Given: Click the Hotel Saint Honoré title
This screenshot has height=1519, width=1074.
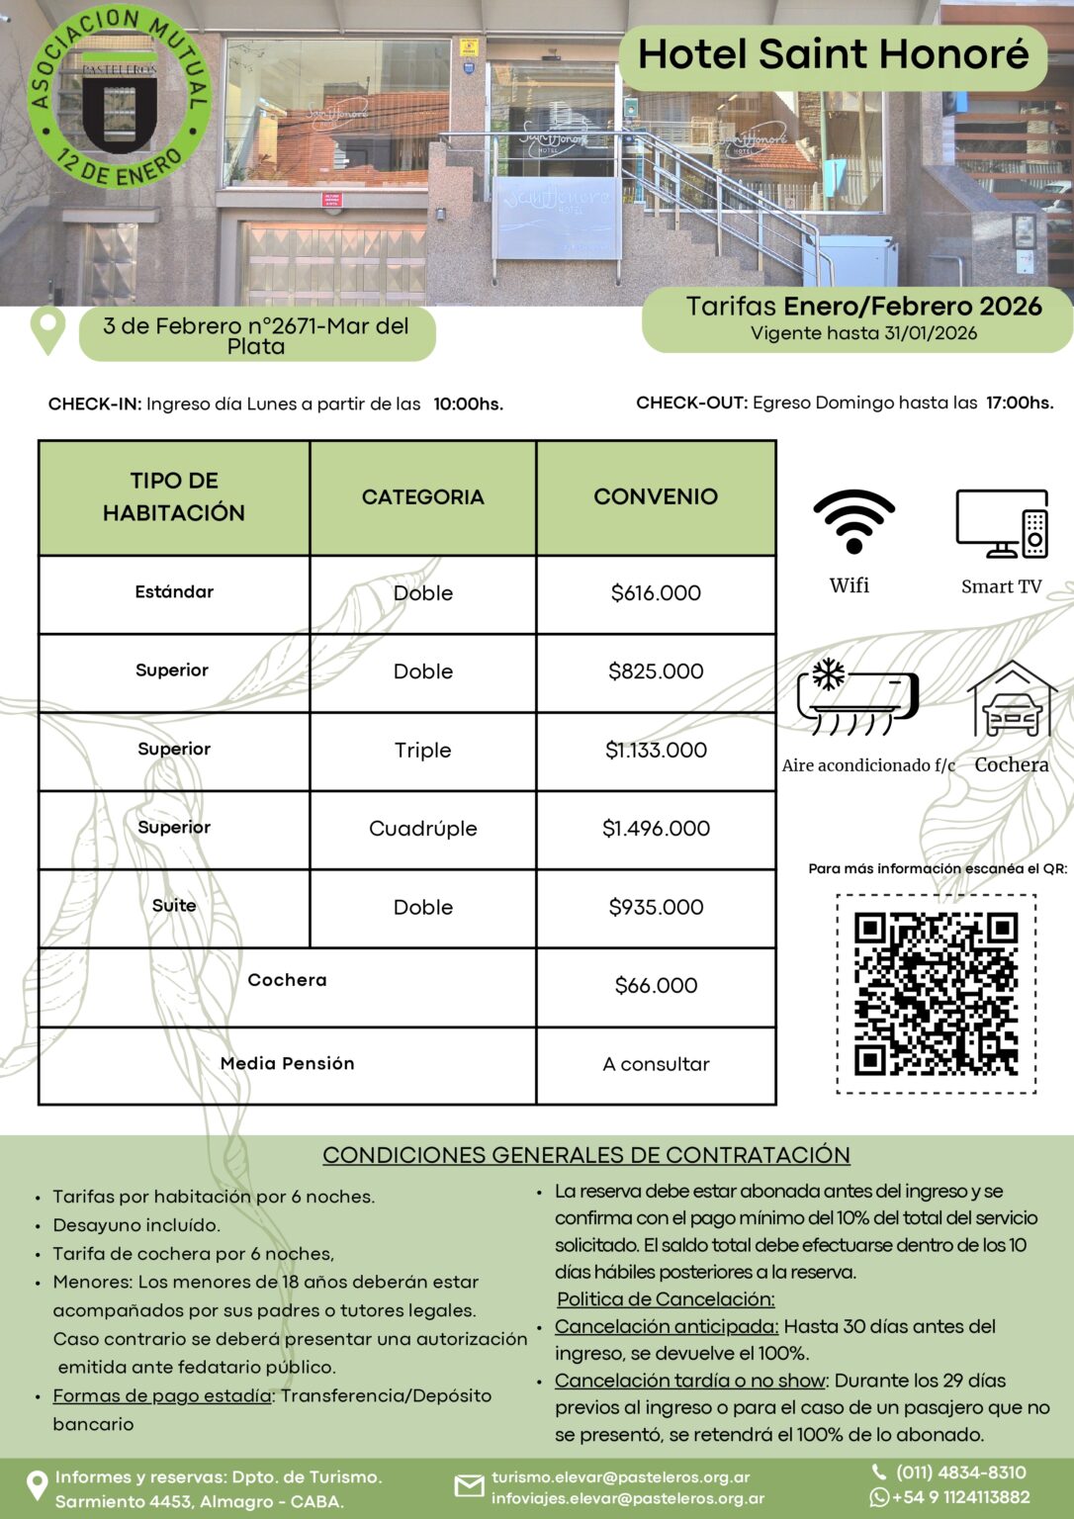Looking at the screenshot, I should [x=833, y=54].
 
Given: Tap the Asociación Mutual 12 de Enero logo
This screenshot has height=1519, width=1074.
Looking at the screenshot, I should [x=119, y=97].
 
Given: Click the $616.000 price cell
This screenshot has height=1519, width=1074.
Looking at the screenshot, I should [x=656, y=593].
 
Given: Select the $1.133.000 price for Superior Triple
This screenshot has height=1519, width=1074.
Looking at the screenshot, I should [x=656, y=751].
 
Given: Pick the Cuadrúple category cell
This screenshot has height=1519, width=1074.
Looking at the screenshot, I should [x=422, y=829].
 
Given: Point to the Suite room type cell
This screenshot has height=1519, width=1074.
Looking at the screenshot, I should [x=174, y=906].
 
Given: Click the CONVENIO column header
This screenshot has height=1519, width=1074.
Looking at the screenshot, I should [x=656, y=496].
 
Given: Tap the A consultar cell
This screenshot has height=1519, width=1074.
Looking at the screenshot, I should [x=656, y=1064].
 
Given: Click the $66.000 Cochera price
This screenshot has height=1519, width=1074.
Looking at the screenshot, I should [x=656, y=986].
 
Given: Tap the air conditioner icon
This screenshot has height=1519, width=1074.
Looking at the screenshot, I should [x=857, y=697].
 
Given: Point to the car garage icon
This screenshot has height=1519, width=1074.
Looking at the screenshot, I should [x=1012, y=699].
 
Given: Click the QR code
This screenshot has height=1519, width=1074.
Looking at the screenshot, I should [x=936, y=994].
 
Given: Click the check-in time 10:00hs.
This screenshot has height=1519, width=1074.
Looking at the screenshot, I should [x=468, y=404].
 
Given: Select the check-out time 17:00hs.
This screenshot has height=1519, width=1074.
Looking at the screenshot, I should [x=1019, y=403].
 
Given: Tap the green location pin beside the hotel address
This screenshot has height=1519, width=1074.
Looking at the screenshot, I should [x=47, y=330].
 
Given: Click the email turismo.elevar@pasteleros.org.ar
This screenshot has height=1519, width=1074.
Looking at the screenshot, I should [x=620, y=1477].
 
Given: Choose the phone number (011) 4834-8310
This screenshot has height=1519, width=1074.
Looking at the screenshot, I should [x=960, y=1473].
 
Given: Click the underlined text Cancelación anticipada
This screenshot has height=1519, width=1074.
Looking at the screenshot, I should [x=666, y=1327].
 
